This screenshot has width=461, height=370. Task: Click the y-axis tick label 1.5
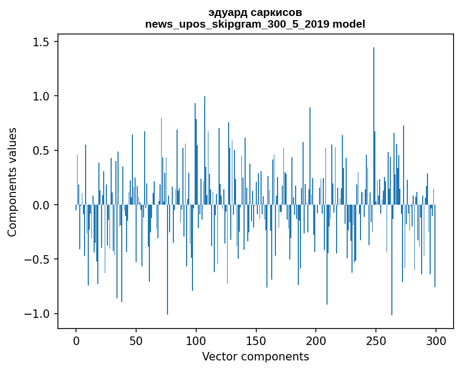click(41, 42)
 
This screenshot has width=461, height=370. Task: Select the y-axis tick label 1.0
click(41, 96)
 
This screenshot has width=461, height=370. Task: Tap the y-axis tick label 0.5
click(41, 150)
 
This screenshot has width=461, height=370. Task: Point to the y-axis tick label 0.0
click(41, 205)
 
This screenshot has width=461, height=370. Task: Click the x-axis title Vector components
click(255, 356)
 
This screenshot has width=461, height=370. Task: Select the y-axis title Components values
click(12, 182)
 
